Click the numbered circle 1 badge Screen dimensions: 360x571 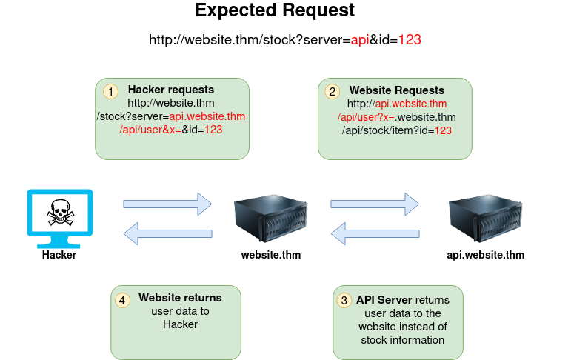click(110, 92)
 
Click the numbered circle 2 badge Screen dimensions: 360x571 click(333, 92)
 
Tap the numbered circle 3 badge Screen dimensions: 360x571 click(344, 300)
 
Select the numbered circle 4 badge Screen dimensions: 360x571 click(123, 300)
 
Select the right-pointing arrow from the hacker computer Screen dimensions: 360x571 click(167, 203)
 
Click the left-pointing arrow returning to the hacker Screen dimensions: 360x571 click(167, 235)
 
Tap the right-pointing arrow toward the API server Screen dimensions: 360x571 click(375, 203)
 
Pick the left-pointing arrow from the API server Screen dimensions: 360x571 click(375, 235)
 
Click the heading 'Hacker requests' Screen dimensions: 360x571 click(171, 90)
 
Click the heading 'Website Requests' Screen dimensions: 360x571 click(397, 90)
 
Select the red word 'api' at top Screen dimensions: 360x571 click(360, 40)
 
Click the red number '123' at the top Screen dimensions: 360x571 click(410, 40)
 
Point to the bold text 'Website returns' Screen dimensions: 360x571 click(180, 298)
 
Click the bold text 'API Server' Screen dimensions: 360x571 click(384, 300)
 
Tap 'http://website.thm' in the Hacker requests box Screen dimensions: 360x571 click(171, 104)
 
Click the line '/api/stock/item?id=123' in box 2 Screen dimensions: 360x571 click(396, 130)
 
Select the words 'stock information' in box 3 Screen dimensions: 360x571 click(402, 340)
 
